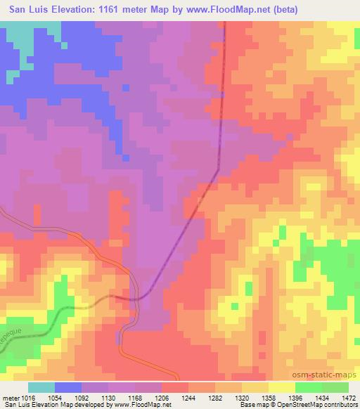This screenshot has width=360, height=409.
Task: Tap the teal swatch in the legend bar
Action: point(41,387)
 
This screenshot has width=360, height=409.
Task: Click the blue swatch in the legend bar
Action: point(68,387)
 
